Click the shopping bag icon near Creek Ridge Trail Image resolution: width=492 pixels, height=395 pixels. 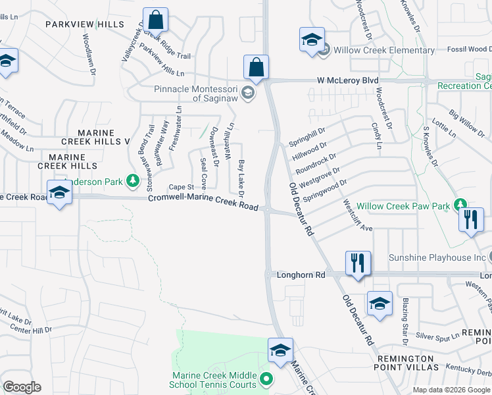[155, 20]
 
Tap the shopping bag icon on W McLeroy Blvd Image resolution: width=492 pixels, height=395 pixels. [256, 67]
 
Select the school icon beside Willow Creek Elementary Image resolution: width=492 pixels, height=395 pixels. [312, 39]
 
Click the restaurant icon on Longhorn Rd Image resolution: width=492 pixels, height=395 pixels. [358, 263]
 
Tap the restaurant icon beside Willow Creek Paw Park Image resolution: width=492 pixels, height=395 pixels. [471, 220]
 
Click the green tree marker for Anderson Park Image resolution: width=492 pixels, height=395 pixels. [133, 180]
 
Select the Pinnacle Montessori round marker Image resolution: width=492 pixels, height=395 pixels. [247, 93]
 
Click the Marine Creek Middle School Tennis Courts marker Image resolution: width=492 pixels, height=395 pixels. [266, 378]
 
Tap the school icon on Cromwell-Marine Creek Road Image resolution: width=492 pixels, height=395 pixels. [59, 194]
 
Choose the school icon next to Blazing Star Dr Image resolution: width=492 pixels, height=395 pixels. [380, 303]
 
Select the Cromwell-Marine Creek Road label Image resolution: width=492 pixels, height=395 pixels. [202, 202]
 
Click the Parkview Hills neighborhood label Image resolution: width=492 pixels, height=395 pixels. [85, 24]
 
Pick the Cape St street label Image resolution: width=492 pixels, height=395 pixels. [180, 187]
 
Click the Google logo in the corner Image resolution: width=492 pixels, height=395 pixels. [22, 387]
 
